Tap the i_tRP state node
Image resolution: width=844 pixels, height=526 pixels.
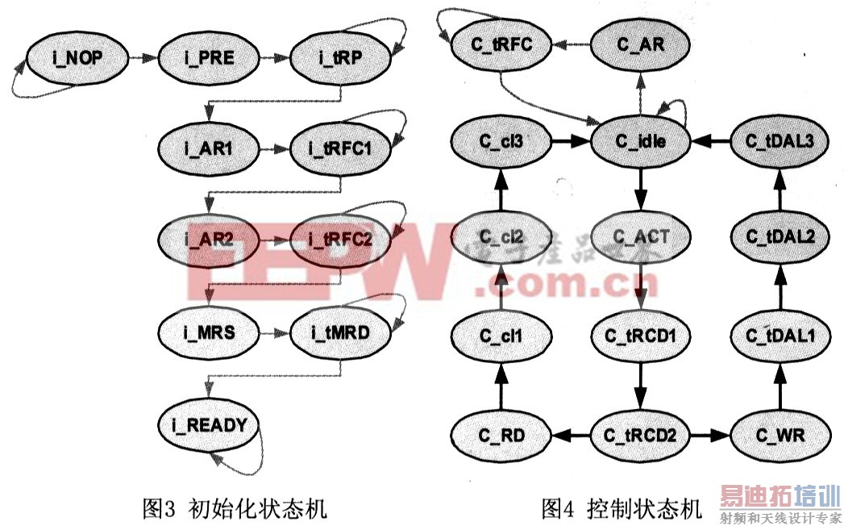339,57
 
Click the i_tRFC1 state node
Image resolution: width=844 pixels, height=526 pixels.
339,149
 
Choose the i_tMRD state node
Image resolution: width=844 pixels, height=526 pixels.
339,332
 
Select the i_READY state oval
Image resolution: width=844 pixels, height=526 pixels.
209,424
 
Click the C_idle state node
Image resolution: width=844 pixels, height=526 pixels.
642,141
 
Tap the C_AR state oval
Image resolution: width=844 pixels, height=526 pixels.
642,44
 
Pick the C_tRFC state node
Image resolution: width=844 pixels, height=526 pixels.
501,44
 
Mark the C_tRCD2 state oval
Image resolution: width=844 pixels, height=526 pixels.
642,436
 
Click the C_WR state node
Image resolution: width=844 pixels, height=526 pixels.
780,436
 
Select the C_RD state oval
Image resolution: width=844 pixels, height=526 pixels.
501,436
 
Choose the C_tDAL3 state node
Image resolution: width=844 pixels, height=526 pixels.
780,141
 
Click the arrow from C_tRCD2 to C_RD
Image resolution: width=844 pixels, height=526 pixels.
572,436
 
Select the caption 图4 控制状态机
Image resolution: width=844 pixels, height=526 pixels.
622,508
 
